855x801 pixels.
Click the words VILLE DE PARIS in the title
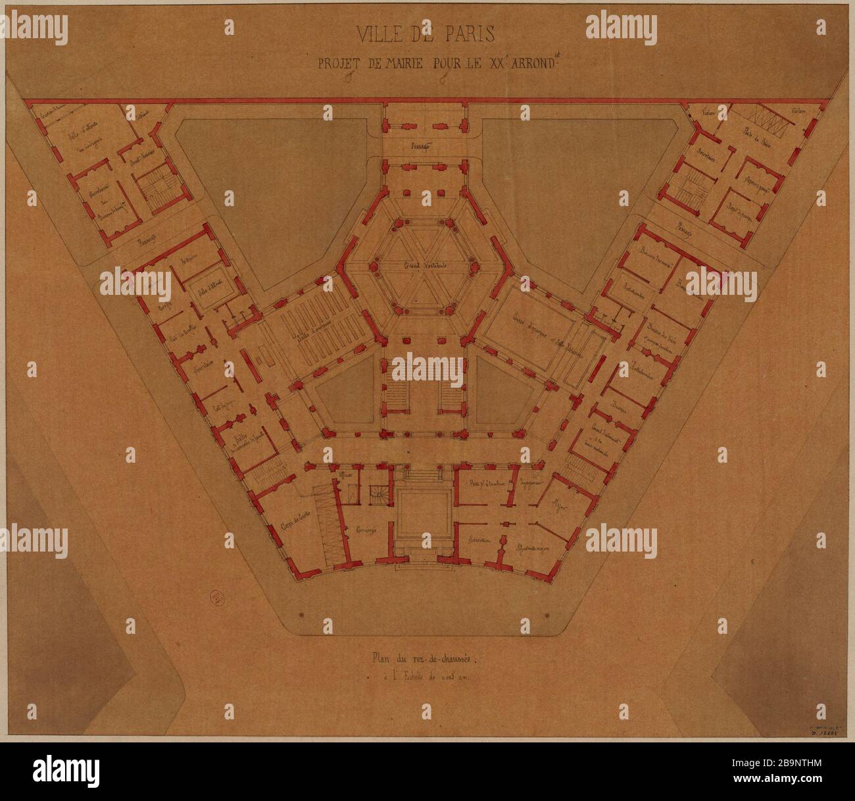click(x=427, y=32)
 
